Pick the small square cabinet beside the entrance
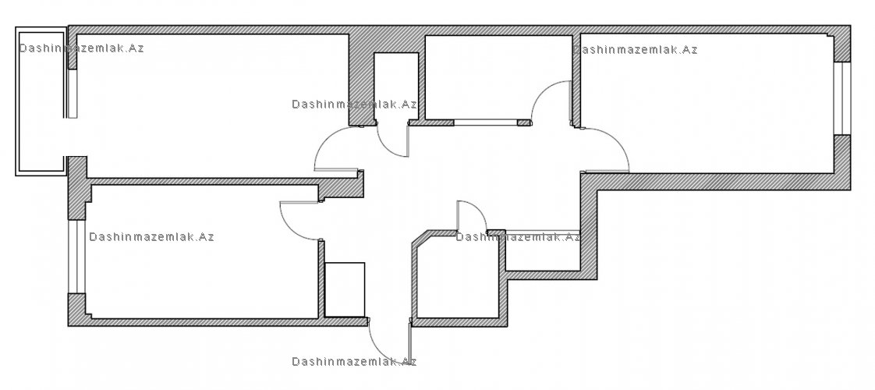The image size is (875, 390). (x=345, y=289)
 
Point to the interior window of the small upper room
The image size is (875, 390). (x=485, y=122)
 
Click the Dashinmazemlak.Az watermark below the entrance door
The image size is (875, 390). (x=354, y=362)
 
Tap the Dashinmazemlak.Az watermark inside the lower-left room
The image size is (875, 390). (x=152, y=237)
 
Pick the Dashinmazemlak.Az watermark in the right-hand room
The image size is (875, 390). (x=636, y=49)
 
